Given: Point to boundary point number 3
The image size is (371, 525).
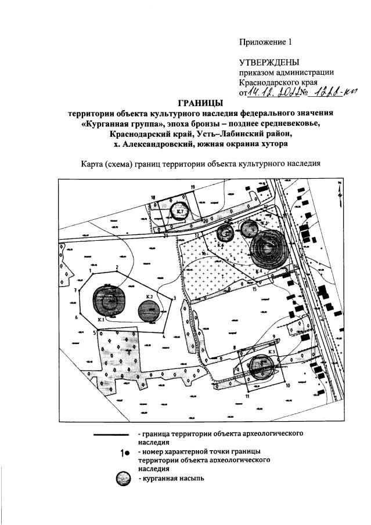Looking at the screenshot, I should point(174,298).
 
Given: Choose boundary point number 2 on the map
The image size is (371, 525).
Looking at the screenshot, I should point(117,267).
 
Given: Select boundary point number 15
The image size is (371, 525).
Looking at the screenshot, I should point(255,289).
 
